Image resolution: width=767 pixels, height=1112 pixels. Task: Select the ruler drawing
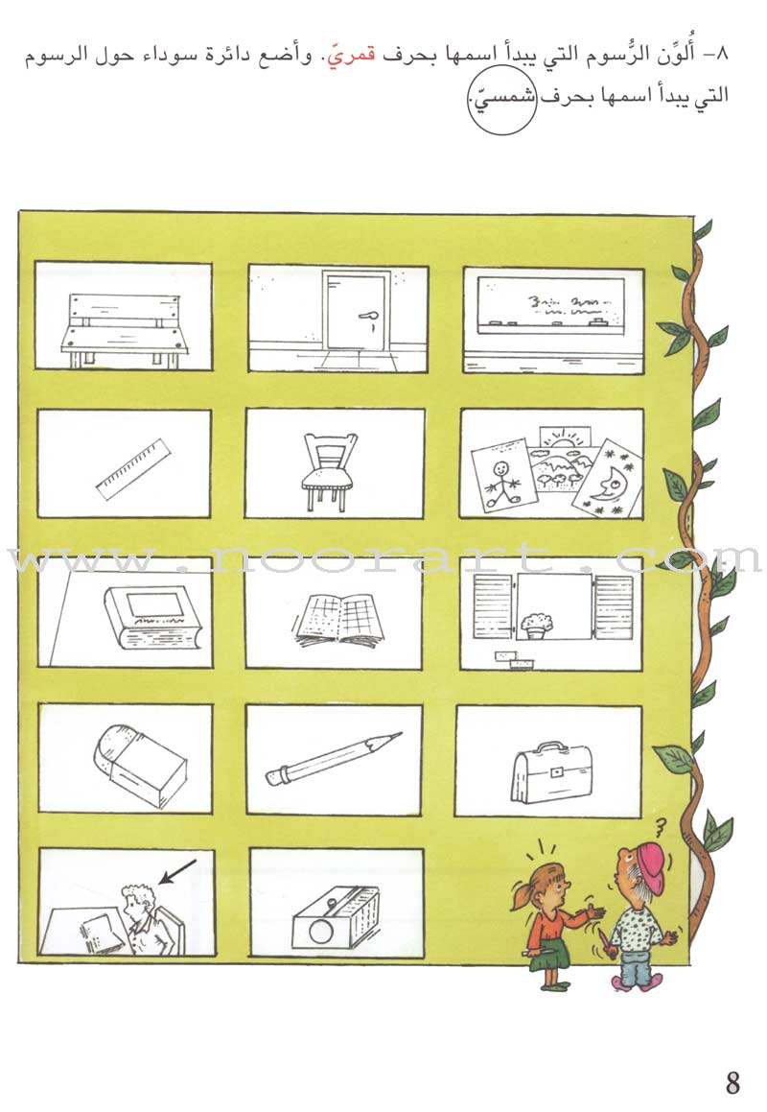134,469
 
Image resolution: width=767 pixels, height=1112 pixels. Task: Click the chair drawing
330,472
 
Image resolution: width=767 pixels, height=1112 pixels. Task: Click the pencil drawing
334,760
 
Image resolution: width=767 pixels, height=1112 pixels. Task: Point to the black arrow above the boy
176,872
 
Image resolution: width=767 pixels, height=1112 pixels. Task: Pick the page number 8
732,1082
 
